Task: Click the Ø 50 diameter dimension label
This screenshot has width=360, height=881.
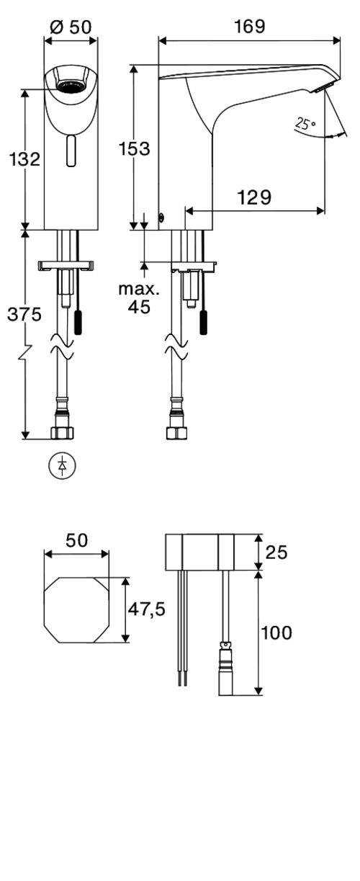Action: pos(71,27)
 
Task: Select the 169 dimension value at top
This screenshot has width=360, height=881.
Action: pos(250,27)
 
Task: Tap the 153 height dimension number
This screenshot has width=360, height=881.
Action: pos(135,148)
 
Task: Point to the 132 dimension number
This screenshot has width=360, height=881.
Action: pos(24,159)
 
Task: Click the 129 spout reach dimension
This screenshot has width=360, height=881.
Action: pos(254,197)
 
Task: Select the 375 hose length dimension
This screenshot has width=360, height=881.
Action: pos(24,314)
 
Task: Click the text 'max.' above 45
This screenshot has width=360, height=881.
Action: pos(139,289)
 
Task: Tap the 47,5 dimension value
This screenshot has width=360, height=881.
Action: pos(147,609)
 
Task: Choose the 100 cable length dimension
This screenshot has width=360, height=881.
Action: pos(276,632)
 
